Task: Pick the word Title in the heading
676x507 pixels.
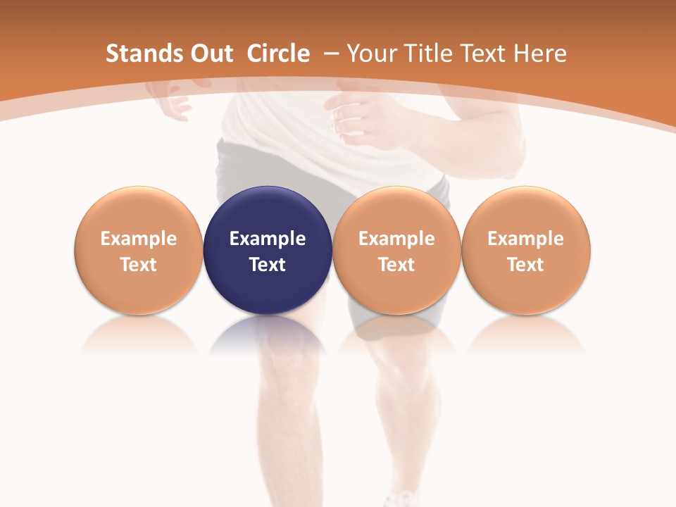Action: (427, 54)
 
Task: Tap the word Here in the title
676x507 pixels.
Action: (541, 54)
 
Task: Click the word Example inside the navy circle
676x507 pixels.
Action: (268, 239)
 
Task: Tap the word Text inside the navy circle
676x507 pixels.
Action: (268, 265)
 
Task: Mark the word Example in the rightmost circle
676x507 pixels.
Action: (525, 239)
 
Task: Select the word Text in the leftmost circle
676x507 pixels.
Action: (138, 265)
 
